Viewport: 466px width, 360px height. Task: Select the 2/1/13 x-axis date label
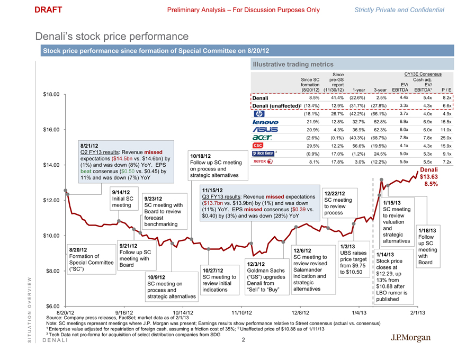coord(418,313)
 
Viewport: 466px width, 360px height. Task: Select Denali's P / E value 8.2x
coord(446,98)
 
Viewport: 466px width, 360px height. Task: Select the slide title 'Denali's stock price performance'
coord(112,37)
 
